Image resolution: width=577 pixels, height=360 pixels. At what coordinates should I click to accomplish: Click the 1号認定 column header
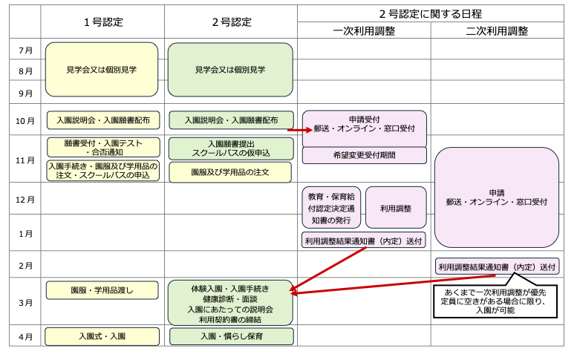[102, 22]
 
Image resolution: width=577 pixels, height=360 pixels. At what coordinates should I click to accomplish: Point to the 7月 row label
[25, 50]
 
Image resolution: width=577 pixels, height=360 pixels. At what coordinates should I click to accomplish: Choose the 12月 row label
[25, 200]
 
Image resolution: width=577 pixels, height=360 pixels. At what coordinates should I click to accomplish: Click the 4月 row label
[25, 336]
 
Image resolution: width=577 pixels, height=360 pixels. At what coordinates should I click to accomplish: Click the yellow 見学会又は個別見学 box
[102, 70]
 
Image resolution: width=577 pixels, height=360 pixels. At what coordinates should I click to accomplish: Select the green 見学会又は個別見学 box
[230, 70]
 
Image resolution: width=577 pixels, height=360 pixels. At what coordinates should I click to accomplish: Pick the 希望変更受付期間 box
[364, 155]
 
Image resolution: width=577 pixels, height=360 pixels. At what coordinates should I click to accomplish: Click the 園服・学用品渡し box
[102, 289]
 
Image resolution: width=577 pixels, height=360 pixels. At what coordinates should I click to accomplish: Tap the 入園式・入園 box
[102, 336]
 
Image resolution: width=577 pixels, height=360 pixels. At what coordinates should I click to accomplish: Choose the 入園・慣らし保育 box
[231, 336]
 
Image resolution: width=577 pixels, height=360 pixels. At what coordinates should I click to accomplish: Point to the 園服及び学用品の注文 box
[230, 172]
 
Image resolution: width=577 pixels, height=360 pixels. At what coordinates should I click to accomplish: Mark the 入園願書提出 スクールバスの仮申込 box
[230, 148]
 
